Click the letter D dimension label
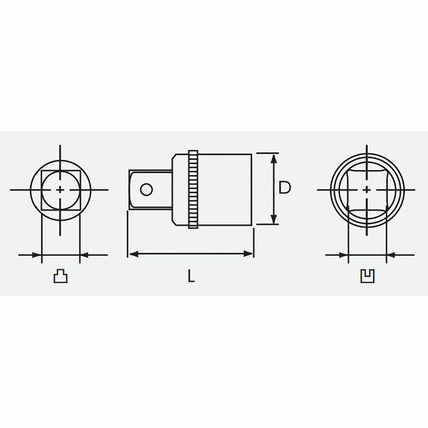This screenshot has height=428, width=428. coord(285,187)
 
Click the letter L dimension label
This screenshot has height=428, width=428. coord(191,276)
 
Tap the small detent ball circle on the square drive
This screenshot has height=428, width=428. coord(146,190)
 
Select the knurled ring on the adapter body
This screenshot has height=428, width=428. coord(193,189)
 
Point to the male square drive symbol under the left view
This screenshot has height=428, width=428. coord(60,276)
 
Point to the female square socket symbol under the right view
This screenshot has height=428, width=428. coord(367,276)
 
